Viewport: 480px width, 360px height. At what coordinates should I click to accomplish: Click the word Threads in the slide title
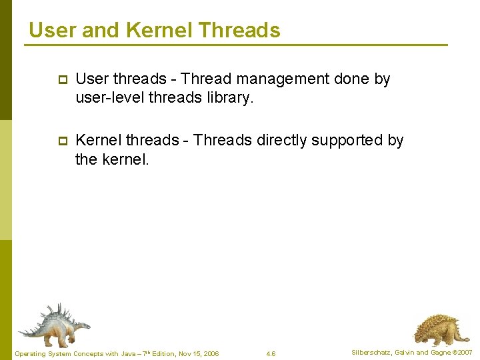239,30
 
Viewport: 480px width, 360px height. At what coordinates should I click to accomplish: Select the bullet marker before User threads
62,80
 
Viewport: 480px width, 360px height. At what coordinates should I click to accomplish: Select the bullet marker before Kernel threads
62,141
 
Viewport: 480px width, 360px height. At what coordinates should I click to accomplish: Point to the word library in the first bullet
231,97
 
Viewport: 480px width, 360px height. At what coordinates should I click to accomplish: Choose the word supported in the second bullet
349,140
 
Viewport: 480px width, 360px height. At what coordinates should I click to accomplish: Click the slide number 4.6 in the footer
271,353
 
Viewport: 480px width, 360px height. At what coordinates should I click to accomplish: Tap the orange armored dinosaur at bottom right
436,328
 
